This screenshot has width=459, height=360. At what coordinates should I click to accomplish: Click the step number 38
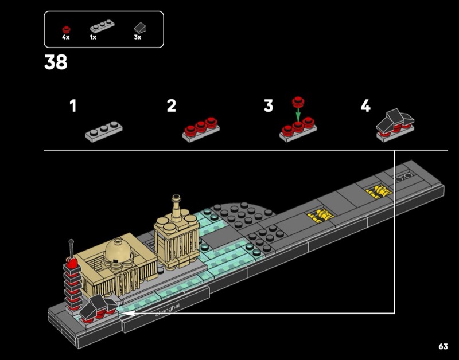[x=56, y=62]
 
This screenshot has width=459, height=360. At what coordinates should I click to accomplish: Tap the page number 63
[x=442, y=346]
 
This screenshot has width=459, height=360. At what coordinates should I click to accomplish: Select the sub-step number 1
[x=73, y=106]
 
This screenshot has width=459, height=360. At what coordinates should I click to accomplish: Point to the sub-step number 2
[x=171, y=106]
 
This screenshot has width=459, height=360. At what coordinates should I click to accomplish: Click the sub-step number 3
[x=269, y=106]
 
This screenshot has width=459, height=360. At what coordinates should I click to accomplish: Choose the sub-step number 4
[x=365, y=106]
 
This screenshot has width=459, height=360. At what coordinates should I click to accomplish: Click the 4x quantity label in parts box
[x=66, y=37]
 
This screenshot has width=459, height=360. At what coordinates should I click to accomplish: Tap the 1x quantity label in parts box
[x=93, y=37]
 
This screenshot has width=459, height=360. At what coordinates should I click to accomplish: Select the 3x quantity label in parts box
[x=137, y=37]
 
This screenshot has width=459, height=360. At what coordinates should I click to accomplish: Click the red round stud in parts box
[x=66, y=27]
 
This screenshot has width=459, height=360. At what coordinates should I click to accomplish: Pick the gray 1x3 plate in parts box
[x=101, y=26]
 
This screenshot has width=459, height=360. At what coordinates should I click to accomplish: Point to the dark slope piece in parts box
[x=139, y=27]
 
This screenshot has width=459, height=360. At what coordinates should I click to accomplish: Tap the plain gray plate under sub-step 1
[x=104, y=132]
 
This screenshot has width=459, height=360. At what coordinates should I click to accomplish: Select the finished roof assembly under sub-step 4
[x=395, y=123]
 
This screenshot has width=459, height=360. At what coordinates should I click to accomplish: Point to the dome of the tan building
[x=118, y=248]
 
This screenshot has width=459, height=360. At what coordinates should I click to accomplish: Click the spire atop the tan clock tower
[x=176, y=202]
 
